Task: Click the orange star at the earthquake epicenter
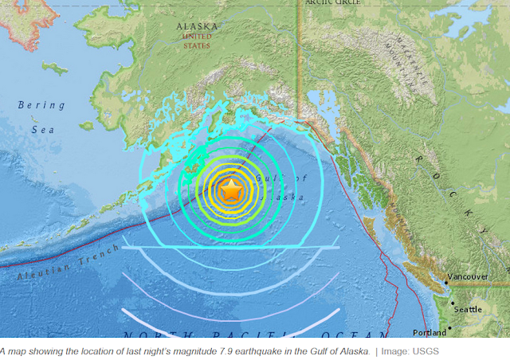[231, 190]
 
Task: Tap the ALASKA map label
[196, 26]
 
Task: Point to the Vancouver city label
[469, 277]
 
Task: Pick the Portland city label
[430, 332]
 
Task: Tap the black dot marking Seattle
[453, 304]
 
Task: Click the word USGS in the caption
[425, 351]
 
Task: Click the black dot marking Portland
[449, 328]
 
